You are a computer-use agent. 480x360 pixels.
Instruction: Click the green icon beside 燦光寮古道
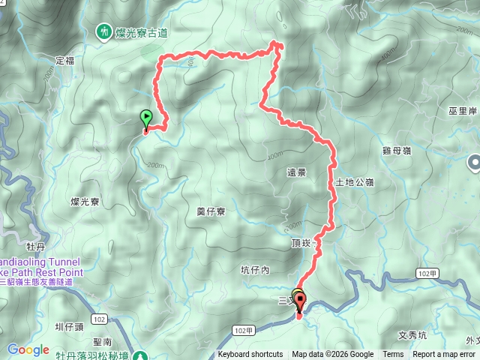point(103,31)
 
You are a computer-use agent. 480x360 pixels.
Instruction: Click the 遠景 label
point(296,172)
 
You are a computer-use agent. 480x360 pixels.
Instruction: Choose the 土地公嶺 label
point(353,182)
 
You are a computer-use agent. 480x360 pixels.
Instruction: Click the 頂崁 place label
point(301,244)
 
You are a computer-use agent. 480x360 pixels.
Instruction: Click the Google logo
point(28,349)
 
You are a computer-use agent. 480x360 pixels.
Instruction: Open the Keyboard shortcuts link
point(250,355)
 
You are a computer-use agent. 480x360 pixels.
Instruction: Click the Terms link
point(393,355)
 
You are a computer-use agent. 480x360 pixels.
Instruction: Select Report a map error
point(444,355)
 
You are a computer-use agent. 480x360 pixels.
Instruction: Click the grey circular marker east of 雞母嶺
point(474,162)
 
